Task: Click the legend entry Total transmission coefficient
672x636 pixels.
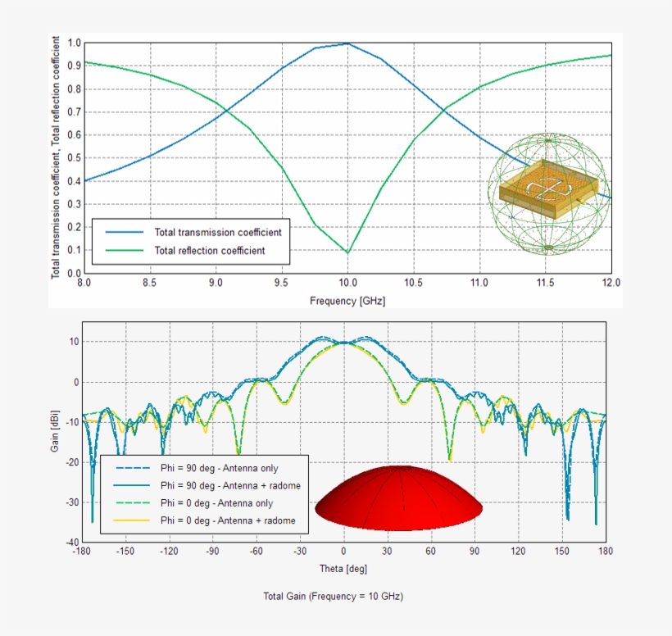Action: pos(218,233)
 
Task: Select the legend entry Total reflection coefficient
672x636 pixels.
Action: pos(210,251)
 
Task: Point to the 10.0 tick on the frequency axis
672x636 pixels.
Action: pos(347,283)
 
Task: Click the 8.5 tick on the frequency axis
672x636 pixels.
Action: pos(150,283)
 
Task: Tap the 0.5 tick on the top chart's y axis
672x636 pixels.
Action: pos(75,158)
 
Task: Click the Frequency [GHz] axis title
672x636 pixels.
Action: pos(347,301)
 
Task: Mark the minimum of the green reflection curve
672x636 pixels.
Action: pos(347,252)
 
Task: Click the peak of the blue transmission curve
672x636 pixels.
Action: pos(347,43)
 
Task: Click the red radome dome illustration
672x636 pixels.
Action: pos(398,497)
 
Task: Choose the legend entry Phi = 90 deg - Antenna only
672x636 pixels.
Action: pos(219,469)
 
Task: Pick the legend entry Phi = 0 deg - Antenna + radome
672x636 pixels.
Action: pos(227,520)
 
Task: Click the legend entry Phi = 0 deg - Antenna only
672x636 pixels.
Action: pos(216,503)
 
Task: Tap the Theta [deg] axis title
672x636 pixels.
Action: pos(343,568)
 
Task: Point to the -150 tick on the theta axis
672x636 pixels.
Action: pos(125,552)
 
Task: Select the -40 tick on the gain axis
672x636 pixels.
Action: pos(72,543)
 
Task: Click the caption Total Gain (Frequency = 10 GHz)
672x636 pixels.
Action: pos(333,596)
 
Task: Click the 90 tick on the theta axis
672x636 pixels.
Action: pos(474,552)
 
